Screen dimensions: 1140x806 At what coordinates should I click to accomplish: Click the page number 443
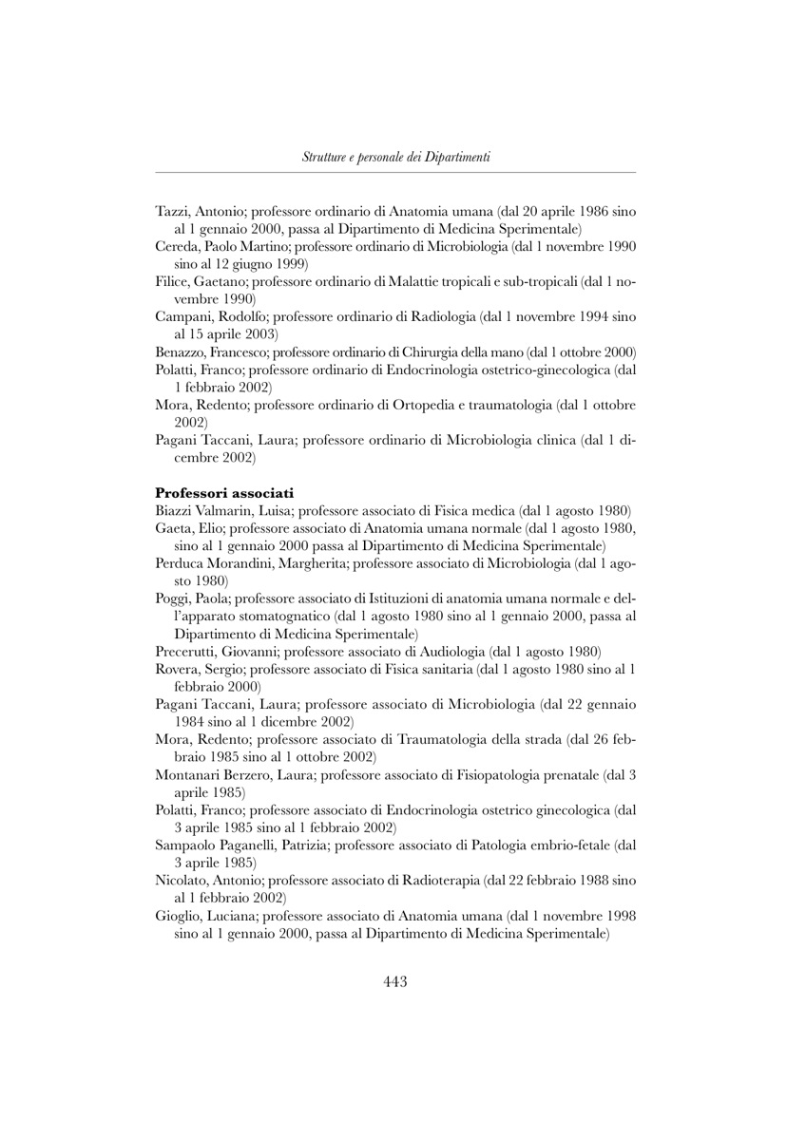[395, 981]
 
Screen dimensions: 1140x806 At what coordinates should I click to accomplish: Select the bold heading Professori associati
[224, 492]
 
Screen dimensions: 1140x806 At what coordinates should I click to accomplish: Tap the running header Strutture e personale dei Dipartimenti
[395, 157]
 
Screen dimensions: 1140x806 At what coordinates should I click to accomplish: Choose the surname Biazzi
[175, 510]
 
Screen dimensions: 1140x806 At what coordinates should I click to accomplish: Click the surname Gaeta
[173, 528]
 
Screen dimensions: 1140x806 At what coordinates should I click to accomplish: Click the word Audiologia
[450, 651]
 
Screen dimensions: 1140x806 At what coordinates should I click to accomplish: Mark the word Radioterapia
[441, 880]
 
